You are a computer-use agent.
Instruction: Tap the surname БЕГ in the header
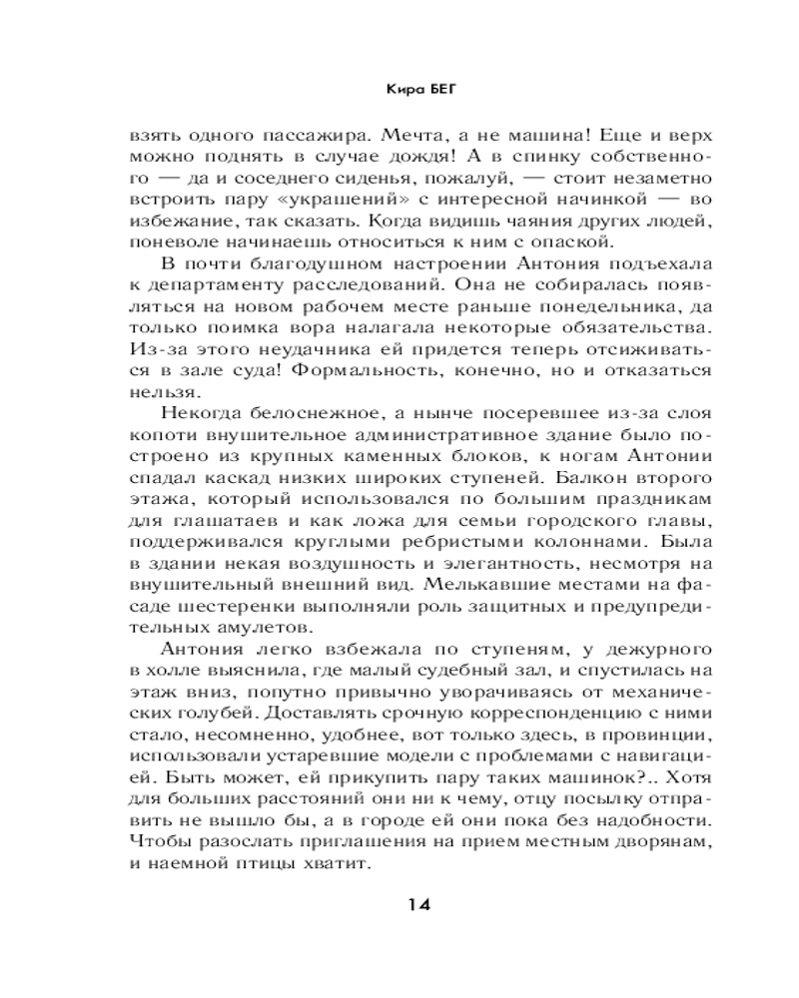click(421, 88)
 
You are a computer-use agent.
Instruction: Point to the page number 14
click(418, 905)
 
